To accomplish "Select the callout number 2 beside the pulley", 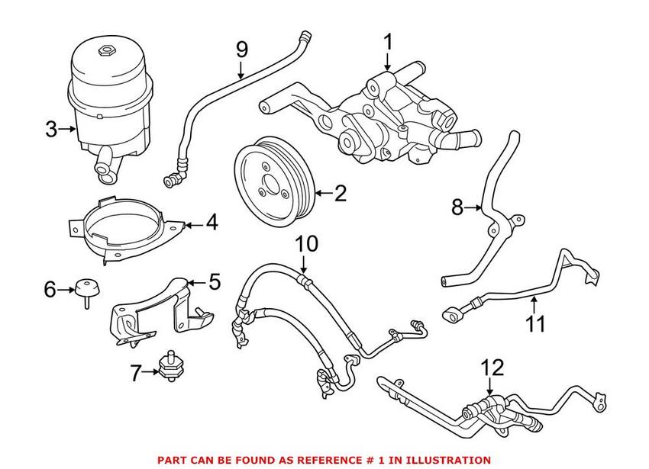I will [x=340, y=194].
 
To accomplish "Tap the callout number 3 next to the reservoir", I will [x=50, y=130].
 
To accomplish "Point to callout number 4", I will [x=211, y=223].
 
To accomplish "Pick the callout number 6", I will [x=50, y=289].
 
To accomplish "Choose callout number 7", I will [x=136, y=374].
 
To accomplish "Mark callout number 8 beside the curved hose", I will [x=457, y=207].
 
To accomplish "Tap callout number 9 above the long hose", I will [x=241, y=50].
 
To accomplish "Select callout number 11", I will [x=535, y=323].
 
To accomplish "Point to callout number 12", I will [x=492, y=368].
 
